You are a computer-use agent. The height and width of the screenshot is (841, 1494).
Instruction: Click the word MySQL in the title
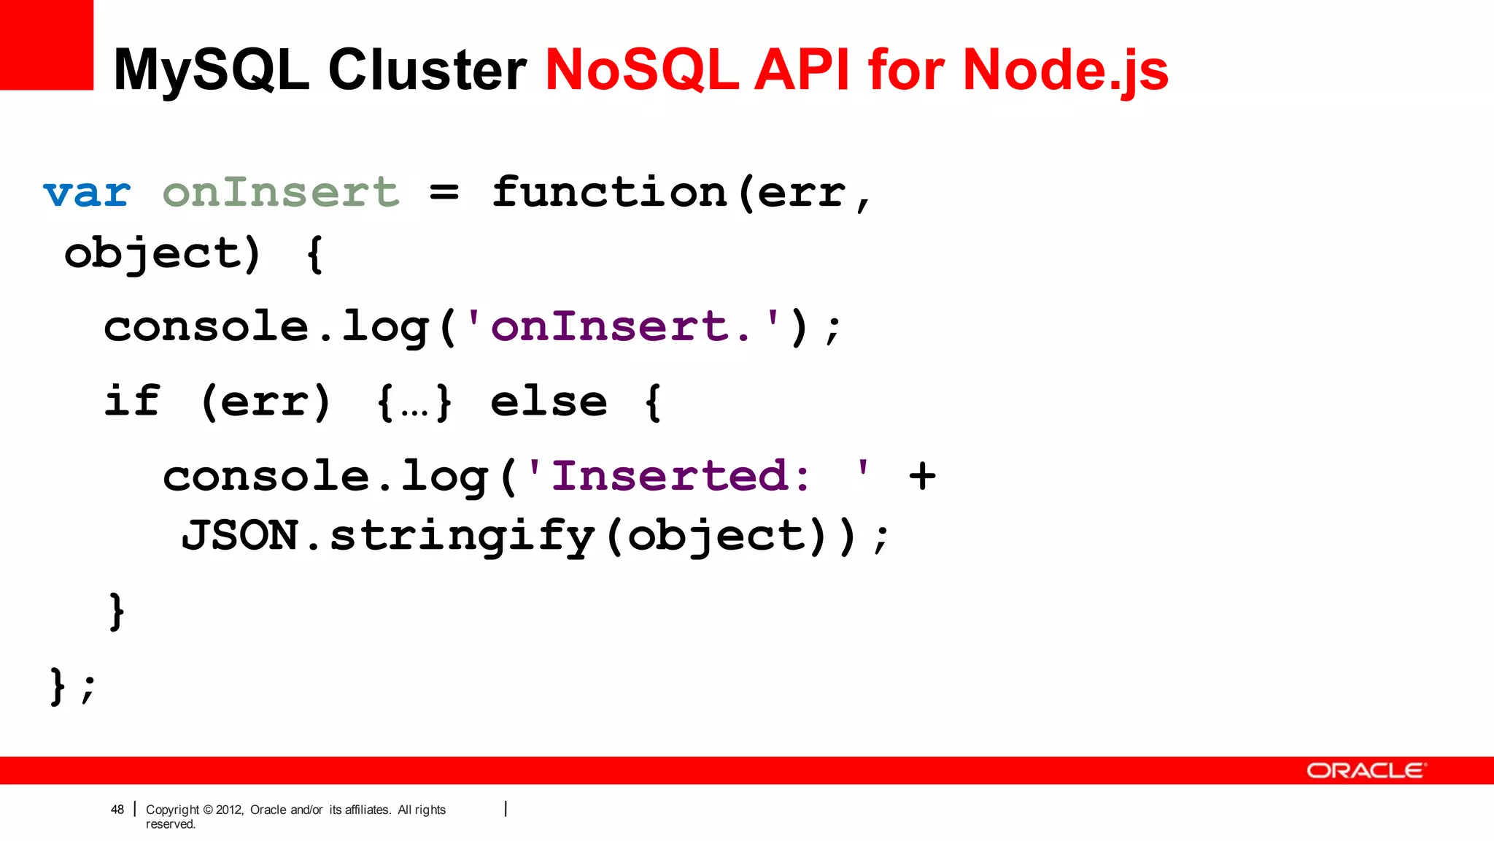point(212,70)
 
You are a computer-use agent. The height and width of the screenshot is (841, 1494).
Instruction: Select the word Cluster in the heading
point(427,70)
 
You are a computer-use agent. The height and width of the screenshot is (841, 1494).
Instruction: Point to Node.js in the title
point(1065,70)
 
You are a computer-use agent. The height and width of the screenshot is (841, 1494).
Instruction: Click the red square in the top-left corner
point(46,44)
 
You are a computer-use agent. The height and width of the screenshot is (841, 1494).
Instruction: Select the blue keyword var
point(87,193)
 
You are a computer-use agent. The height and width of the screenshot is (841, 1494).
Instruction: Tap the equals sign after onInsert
point(444,193)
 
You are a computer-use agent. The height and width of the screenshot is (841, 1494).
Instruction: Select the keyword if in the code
point(132,401)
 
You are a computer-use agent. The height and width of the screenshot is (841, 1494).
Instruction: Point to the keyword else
point(549,402)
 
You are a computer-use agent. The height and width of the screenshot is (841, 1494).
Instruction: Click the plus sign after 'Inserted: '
point(922,476)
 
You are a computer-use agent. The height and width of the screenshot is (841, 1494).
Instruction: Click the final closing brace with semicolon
point(72,686)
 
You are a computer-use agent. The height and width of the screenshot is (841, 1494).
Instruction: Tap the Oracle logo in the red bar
point(1364,771)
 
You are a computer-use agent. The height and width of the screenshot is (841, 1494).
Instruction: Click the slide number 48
point(117,810)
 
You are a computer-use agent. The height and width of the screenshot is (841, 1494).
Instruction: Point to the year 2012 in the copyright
point(229,810)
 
